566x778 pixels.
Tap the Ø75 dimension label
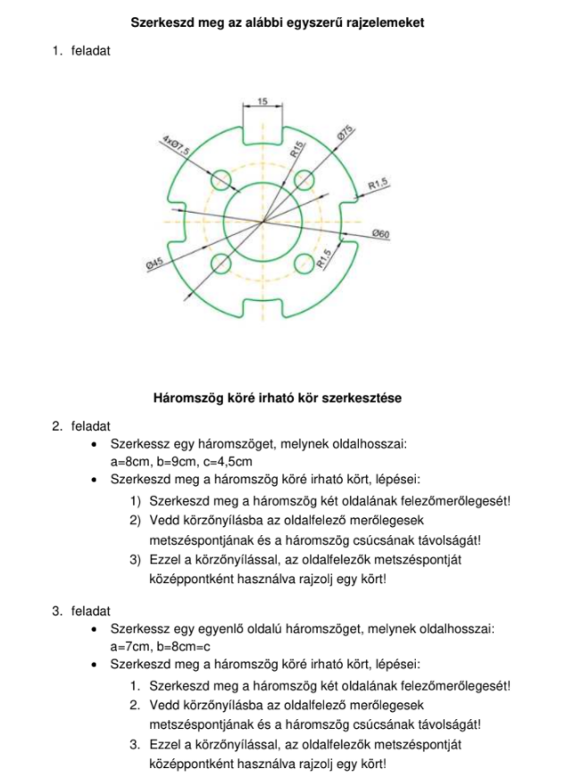(x=345, y=138)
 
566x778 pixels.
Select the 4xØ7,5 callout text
(x=176, y=147)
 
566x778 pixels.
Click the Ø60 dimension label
(x=380, y=234)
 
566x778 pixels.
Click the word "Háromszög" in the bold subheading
(x=184, y=397)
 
